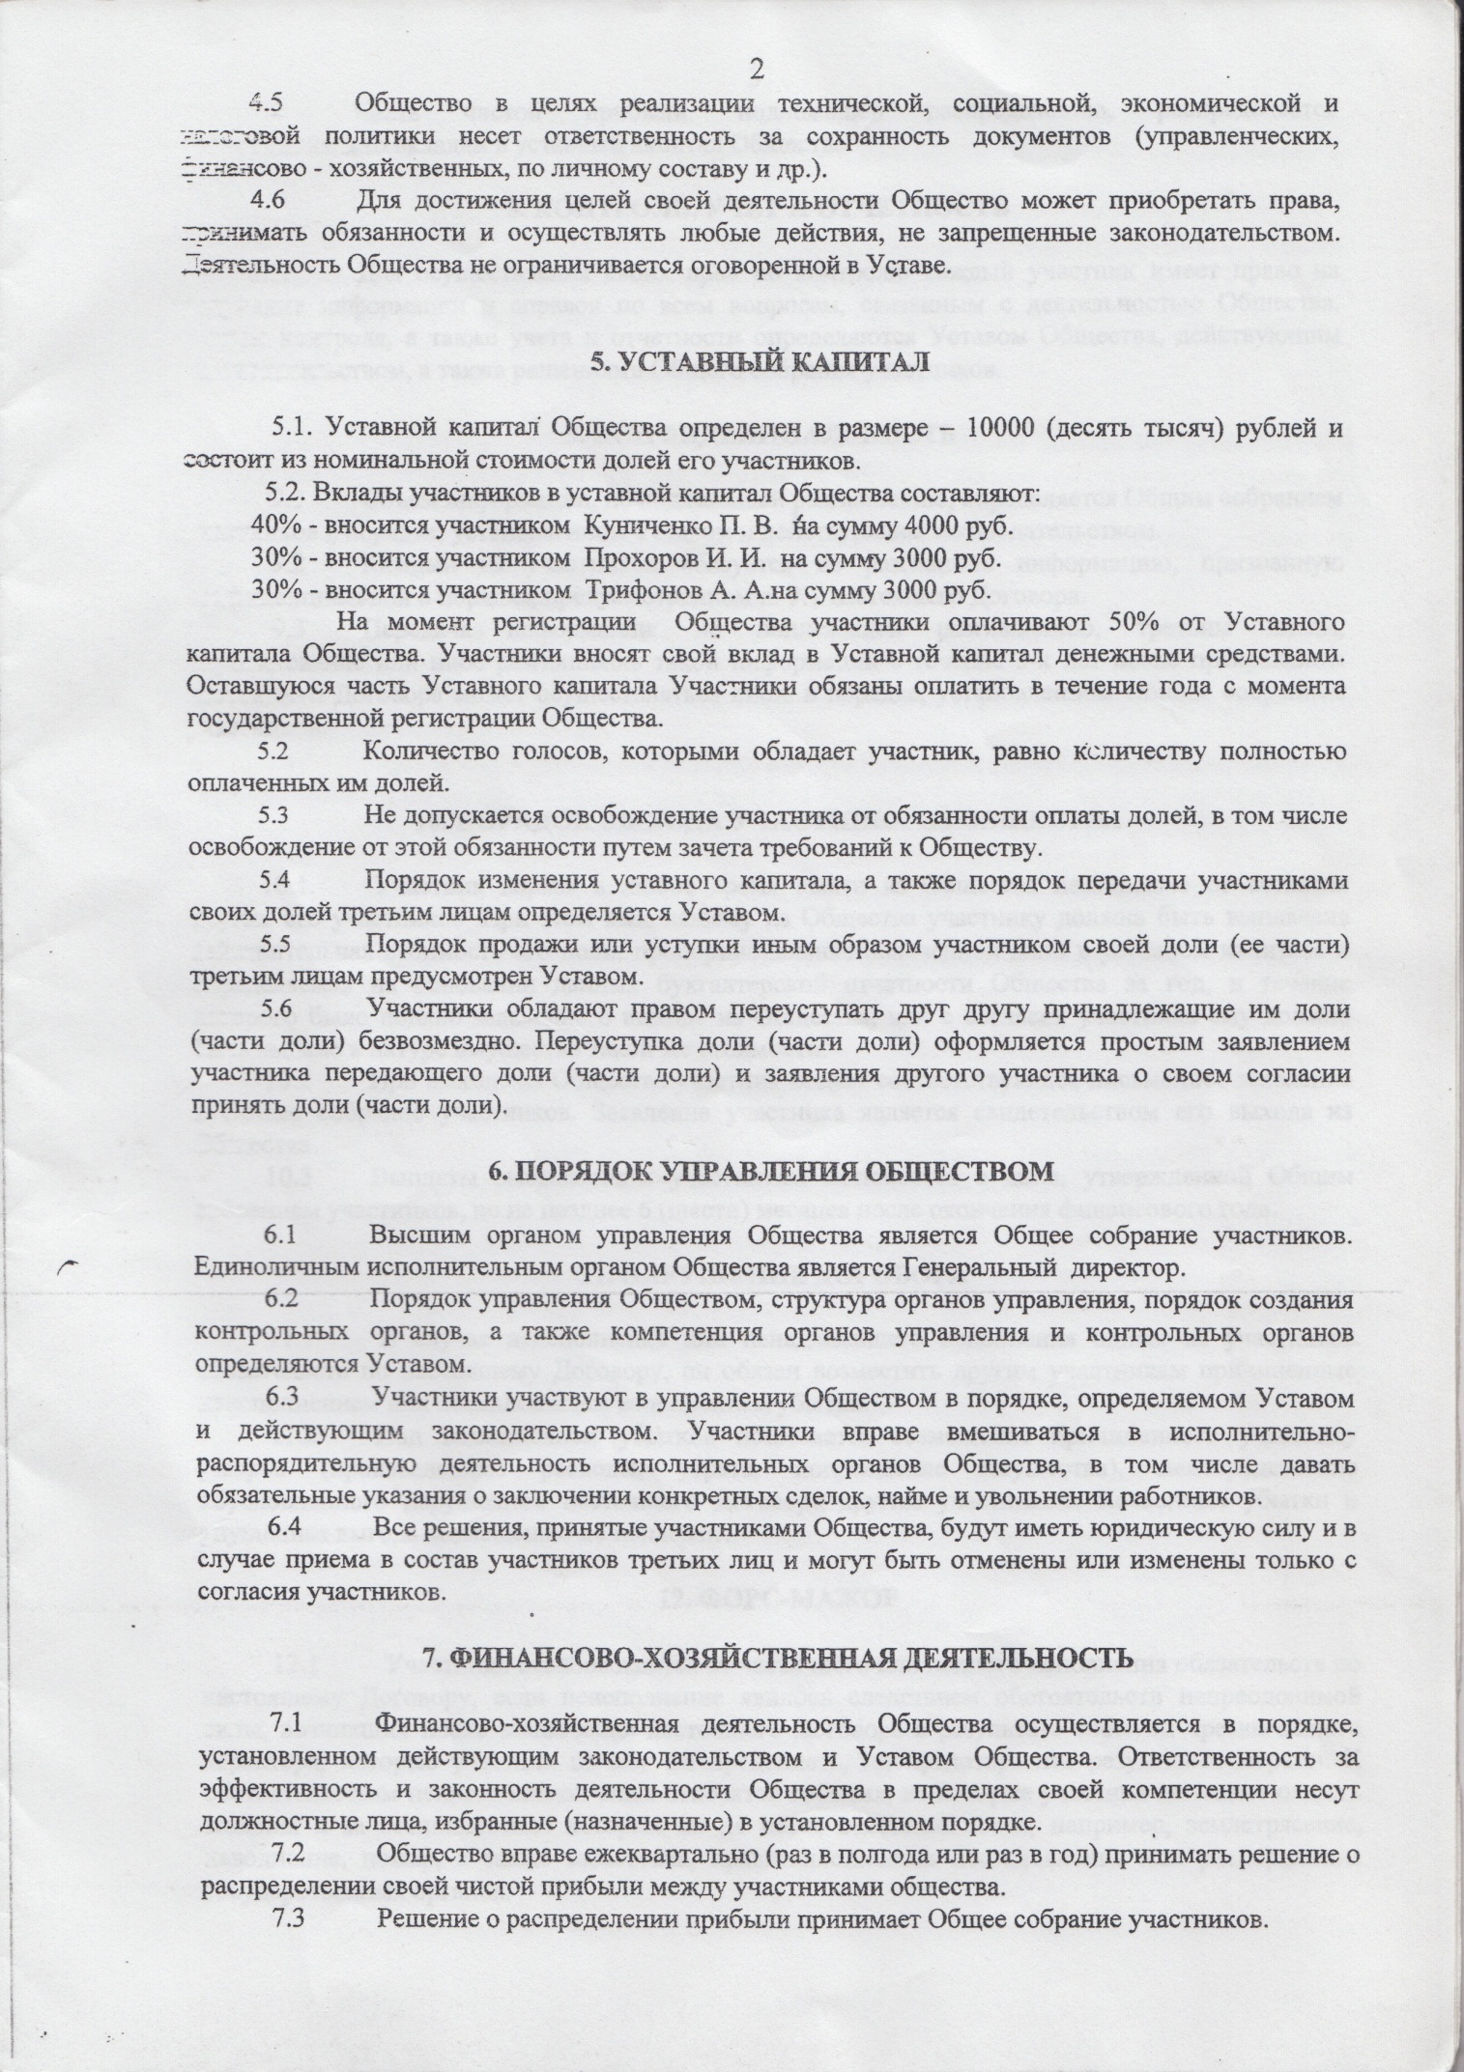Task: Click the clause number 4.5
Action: point(267,103)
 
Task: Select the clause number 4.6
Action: point(267,203)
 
